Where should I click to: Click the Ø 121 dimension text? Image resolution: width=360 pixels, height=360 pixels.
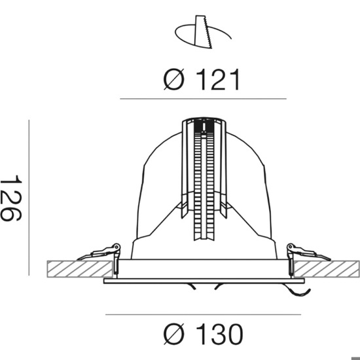[x=202, y=79]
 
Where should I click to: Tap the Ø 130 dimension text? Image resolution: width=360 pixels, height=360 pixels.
[x=203, y=334]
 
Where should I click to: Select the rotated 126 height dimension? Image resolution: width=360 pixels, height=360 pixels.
[x=11, y=198]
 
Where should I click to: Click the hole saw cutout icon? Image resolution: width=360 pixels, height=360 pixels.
[x=203, y=32]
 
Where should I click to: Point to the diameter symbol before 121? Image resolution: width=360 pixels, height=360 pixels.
[x=174, y=79]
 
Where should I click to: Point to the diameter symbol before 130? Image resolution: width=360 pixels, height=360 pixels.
[x=174, y=334]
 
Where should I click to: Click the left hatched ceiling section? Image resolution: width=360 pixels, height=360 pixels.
[x=80, y=269]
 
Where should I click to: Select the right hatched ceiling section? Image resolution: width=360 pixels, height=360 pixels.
[x=327, y=269]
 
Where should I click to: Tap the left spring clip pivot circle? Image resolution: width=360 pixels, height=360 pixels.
[x=117, y=247]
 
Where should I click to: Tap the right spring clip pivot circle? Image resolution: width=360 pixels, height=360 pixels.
[x=291, y=247]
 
